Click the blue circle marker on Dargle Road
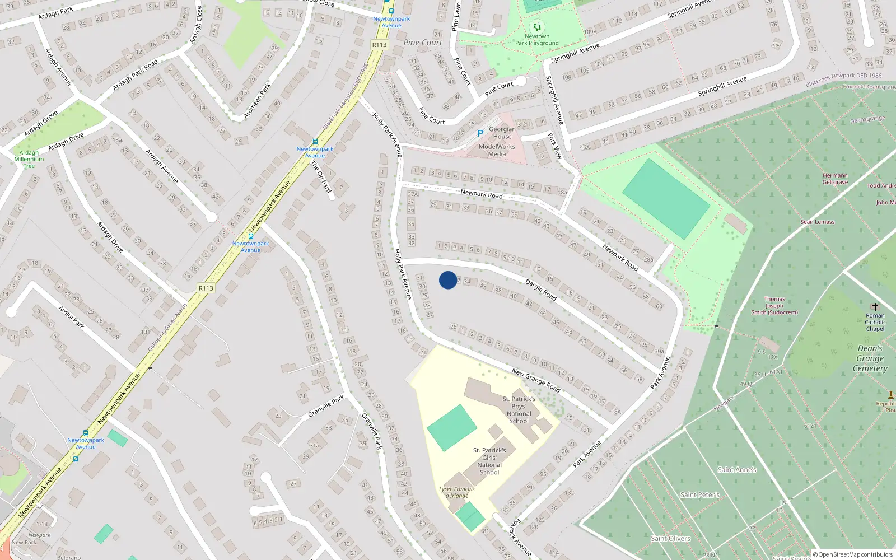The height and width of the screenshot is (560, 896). click(x=448, y=280)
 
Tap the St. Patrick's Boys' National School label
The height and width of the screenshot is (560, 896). click(x=519, y=410)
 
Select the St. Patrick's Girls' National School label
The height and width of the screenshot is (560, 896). click(x=489, y=461)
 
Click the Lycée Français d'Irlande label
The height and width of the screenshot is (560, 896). click(x=457, y=492)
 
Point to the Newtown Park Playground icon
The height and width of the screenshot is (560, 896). click(x=536, y=26)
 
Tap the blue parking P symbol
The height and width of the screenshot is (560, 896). click(x=480, y=133)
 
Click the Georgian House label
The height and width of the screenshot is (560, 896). click(x=502, y=133)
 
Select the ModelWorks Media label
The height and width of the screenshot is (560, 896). click(x=497, y=150)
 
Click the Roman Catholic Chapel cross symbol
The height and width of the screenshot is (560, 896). click(x=875, y=306)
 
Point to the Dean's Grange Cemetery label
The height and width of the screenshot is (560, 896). click(x=870, y=358)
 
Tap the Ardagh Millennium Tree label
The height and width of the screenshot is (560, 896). click(x=29, y=159)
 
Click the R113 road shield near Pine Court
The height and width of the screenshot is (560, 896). click(x=380, y=45)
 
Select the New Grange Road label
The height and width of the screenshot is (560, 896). click(x=536, y=380)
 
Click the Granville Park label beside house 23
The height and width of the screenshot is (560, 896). click(x=326, y=407)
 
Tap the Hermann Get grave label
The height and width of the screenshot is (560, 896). click(x=835, y=179)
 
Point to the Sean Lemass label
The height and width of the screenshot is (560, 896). click(x=817, y=222)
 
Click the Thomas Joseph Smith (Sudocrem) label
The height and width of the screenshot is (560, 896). click(x=774, y=306)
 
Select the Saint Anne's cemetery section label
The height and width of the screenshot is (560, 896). click(x=737, y=470)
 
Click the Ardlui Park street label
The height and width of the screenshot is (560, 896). click(x=72, y=317)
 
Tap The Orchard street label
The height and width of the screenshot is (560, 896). click(x=321, y=176)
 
